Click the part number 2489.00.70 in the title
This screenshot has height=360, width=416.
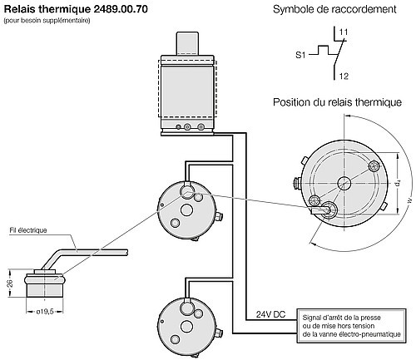121,9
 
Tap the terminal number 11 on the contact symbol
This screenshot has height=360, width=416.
344,32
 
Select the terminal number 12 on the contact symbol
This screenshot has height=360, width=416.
344,76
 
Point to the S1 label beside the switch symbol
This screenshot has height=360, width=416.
300,55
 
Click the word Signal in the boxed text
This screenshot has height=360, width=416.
310,318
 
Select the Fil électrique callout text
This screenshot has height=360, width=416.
28,230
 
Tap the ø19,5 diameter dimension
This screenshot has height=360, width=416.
45,312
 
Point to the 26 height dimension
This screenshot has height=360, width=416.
10,284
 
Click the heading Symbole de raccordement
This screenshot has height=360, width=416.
334,9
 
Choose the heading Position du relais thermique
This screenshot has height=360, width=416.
337,102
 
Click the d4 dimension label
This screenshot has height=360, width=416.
398,183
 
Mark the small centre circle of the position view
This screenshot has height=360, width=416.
344,183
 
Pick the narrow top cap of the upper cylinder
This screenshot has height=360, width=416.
187,44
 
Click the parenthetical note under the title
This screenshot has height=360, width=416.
47,21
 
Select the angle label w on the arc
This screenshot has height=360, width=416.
409,200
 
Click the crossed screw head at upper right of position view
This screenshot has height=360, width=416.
375,165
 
